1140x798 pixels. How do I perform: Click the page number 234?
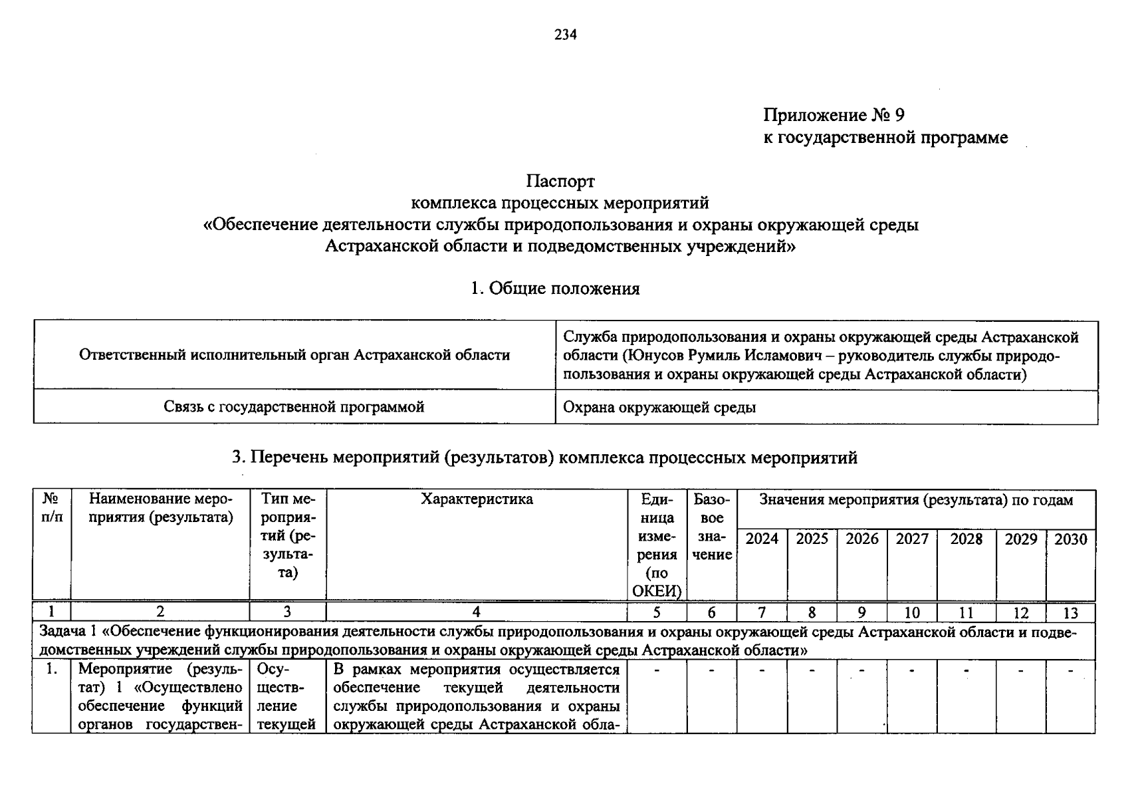(566, 35)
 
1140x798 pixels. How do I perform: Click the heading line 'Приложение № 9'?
(834, 116)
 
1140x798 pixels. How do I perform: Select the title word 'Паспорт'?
(560, 181)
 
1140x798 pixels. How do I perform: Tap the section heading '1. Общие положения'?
(555, 289)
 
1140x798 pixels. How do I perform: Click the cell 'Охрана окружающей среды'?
(659, 408)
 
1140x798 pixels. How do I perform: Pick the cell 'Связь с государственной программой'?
(294, 407)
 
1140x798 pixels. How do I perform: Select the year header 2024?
(762, 539)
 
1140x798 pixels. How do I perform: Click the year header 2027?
(911, 539)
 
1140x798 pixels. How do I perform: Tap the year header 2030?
(1070, 539)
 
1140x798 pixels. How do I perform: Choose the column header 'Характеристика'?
(477, 499)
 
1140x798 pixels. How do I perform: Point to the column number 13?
(1070, 613)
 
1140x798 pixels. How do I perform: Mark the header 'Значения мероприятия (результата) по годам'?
(915, 500)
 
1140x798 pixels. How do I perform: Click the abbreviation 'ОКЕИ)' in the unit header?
(657, 591)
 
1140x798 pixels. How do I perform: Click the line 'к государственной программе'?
(885, 138)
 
